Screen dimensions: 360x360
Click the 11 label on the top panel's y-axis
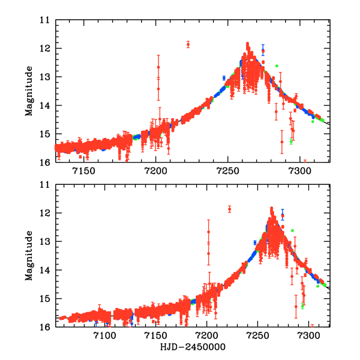click(x=44, y=20)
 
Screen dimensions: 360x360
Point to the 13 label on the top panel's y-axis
click(x=44, y=77)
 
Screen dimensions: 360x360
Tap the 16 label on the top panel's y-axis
click(x=44, y=162)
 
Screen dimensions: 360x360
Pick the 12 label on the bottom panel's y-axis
click(x=44, y=214)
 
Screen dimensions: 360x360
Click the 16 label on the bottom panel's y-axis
click(x=44, y=327)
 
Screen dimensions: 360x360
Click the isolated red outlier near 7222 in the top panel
click(x=188, y=44)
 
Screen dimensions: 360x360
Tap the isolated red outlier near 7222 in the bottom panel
click(x=229, y=209)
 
